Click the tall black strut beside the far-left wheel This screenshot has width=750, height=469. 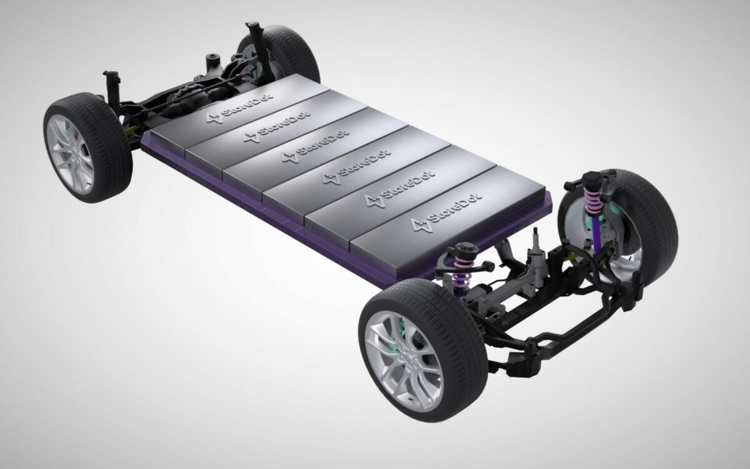pyautogui.click(x=115, y=91)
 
